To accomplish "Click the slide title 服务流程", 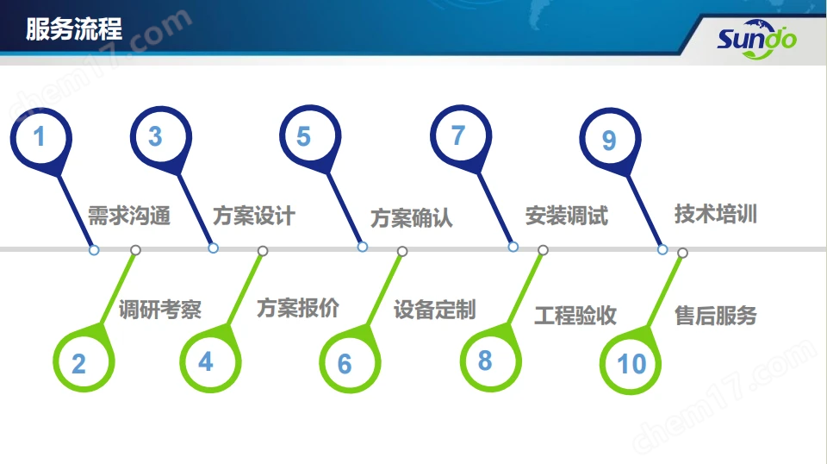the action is [x=74, y=29].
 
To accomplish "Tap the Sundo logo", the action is [x=757, y=39].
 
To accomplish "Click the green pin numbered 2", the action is [x=84, y=361].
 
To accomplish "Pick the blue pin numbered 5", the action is [x=310, y=137].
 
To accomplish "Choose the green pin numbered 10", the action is [x=631, y=362].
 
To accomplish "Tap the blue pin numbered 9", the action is [x=610, y=140].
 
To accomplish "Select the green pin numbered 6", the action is [x=351, y=361].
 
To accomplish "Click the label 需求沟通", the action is [x=128, y=216].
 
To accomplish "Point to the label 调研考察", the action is [x=160, y=310].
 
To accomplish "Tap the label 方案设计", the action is [x=253, y=216].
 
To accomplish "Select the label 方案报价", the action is [x=298, y=308].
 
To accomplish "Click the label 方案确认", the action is [x=412, y=217].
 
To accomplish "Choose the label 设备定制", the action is [x=434, y=310].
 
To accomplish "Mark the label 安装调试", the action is [x=567, y=216].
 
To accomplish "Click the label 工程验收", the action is [x=575, y=315].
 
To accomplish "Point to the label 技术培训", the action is [x=716, y=214].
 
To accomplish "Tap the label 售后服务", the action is [x=716, y=316].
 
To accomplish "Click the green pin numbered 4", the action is [x=210, y=361].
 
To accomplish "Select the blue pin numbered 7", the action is [x=461, y=137].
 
